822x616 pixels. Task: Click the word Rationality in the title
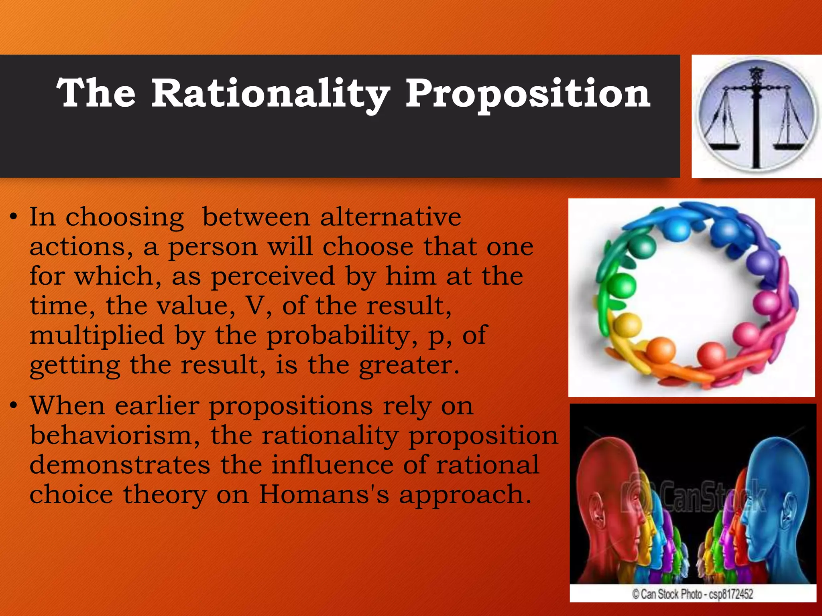270,94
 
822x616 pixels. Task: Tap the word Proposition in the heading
527,94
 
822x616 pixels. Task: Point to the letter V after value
254,306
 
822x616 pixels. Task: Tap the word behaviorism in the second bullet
115,436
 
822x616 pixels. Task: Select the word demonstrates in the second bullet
120,465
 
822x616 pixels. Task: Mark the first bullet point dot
14,218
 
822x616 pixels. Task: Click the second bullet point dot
14,406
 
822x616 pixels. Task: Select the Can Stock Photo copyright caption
693,594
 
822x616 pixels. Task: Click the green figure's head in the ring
623,286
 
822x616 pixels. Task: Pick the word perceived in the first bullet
273,277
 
